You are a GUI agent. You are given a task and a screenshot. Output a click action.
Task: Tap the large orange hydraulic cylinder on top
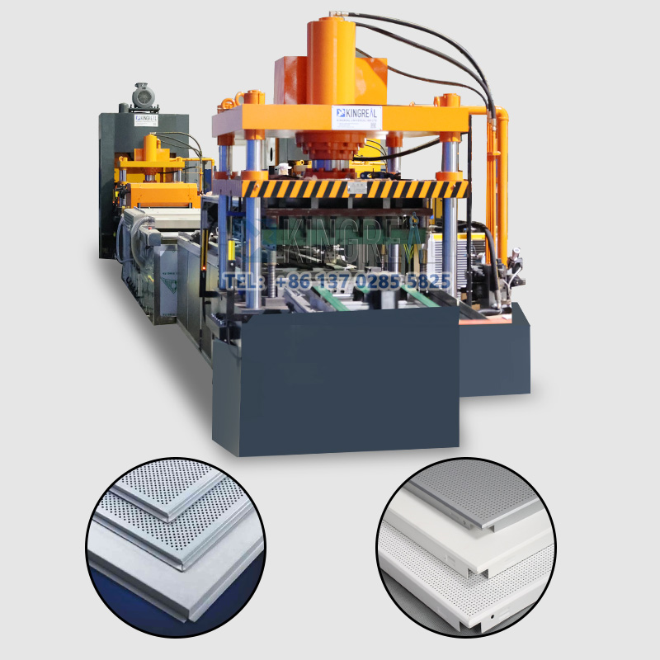[335, 62]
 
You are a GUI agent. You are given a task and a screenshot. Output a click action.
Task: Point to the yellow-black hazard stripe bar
[355, 189]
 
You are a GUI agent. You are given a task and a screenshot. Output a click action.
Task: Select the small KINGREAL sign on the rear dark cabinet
[144, 120]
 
